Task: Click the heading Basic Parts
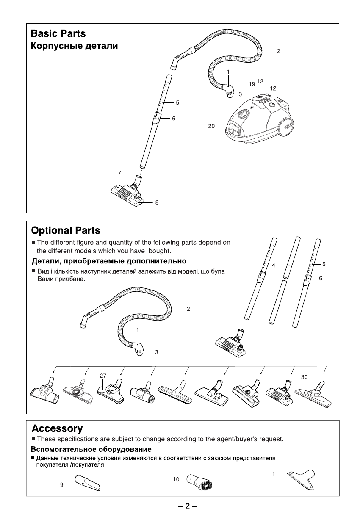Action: [x=58, y=33]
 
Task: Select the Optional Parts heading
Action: [x=66, y=231]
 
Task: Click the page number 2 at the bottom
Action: [x=188, y=506]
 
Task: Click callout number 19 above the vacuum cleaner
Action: [x=251, y=84]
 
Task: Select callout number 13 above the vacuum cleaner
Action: [x=260, y=81]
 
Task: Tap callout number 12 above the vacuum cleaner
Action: [x=273, y=88]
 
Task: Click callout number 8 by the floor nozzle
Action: [x=157, y=203]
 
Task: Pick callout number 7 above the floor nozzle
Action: [x=120, y=172]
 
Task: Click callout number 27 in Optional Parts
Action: [x=102, y=375]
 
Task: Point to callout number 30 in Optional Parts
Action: [x=304, y=376]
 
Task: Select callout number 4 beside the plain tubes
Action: [x=274, y=265]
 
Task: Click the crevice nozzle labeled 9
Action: [x=88, y=483]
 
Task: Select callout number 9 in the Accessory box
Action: [x=61, y=485]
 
